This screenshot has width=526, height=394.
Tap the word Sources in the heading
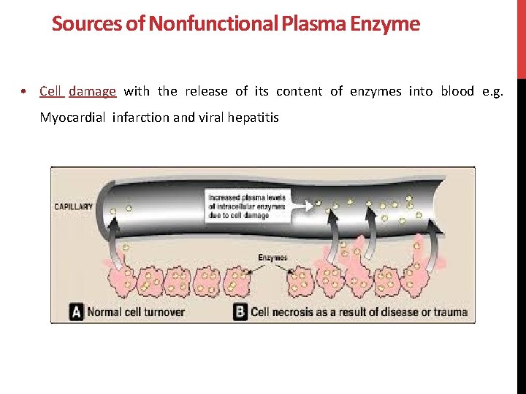click(76, 24)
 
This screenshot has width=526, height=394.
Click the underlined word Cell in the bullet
click(50, 91)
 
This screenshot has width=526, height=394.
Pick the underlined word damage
click(93, 91)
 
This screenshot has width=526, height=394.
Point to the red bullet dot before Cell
click(25, 92)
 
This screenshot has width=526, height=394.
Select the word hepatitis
click(253, 117)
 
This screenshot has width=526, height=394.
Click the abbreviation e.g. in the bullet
click(494, 91)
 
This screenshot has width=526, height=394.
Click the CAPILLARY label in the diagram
click(74, 206)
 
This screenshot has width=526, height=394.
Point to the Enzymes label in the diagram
click(272, 258)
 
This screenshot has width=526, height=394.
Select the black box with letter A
click(76, 312)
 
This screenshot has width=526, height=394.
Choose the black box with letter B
click(240, 312)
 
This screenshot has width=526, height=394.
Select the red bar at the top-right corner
click(521, 38)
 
